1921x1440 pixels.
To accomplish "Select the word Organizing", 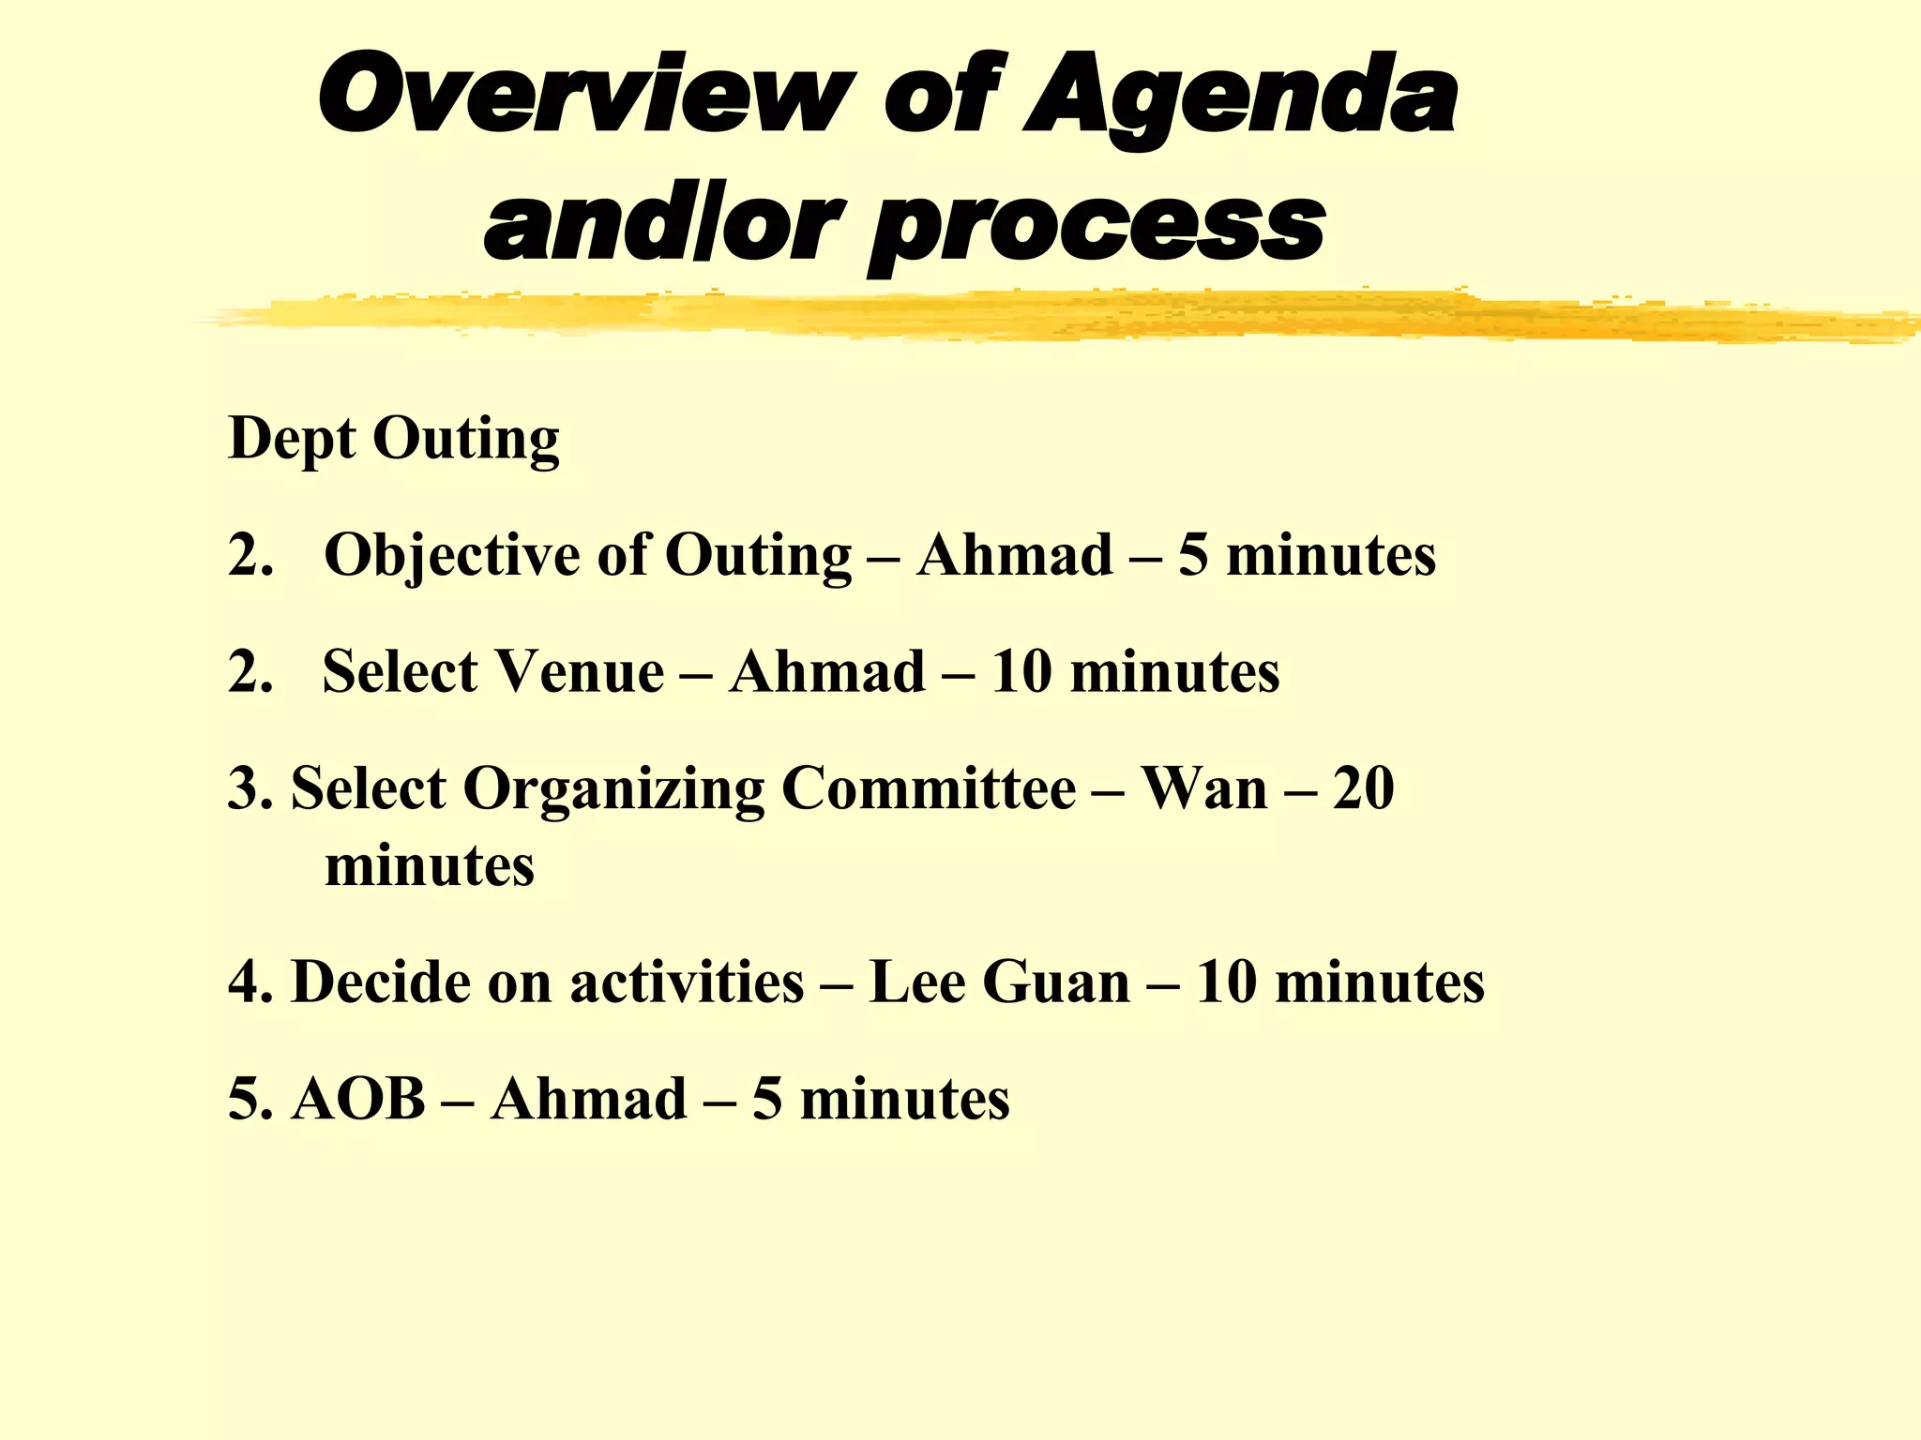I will (613, 789).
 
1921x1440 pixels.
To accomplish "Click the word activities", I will (687, 982).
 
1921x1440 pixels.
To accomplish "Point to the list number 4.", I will (250, 982).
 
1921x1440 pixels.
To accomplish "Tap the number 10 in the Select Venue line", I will (1021, 671).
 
